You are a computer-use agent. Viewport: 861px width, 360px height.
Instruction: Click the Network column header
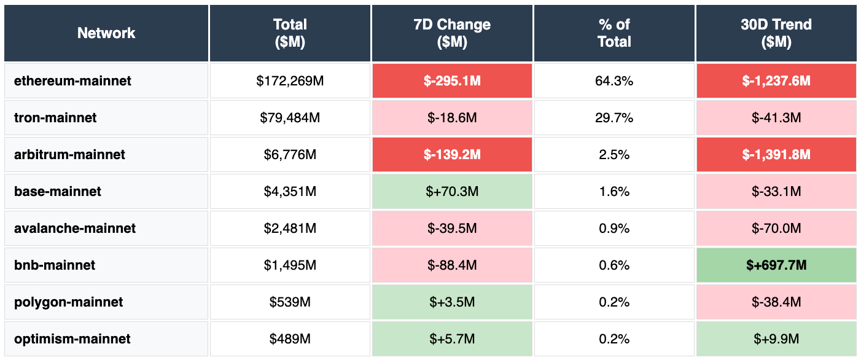(x=106, y=33)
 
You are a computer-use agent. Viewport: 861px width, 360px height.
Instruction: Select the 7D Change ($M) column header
(x=452, y=33)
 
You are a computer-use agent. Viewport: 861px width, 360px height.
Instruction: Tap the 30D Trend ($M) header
(x=776, y=33)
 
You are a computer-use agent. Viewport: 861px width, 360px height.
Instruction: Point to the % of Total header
(x=614, y=33)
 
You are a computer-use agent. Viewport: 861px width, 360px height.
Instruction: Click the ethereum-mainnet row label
(x=72, y=80)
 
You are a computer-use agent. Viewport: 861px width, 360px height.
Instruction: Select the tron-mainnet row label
(x=55, y=117)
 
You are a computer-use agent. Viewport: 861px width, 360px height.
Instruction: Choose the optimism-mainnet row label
(x=72, y=338)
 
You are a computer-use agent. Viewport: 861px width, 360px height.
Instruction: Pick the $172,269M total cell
(x=290, y=80)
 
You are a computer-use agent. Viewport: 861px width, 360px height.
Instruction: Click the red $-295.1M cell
(x=452, y=80)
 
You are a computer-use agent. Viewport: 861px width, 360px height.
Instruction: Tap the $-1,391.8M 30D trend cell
(x=776, y=154)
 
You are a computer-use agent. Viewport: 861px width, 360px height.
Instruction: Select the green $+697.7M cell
(x=776, y=265)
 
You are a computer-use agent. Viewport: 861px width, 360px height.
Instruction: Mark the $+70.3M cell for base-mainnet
(x=452, y=191)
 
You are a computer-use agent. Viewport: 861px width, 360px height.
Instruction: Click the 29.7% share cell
(x=614, y=117)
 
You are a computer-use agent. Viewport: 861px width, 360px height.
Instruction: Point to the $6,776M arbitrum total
(x=290, y=154)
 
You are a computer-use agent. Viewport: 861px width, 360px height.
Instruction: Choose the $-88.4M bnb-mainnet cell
(x=452, y=265)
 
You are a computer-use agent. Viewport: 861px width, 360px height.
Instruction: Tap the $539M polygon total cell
(x=290, y=302)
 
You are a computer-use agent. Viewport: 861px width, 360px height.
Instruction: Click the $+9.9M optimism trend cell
(x=776, y=338)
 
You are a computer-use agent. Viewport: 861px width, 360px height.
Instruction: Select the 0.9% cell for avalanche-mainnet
(x=614, y=228)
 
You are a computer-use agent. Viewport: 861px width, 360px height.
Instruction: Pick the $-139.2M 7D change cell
(x=452, y=154)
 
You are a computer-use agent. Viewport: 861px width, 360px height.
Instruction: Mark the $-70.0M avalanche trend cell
(x=776, y=228)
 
